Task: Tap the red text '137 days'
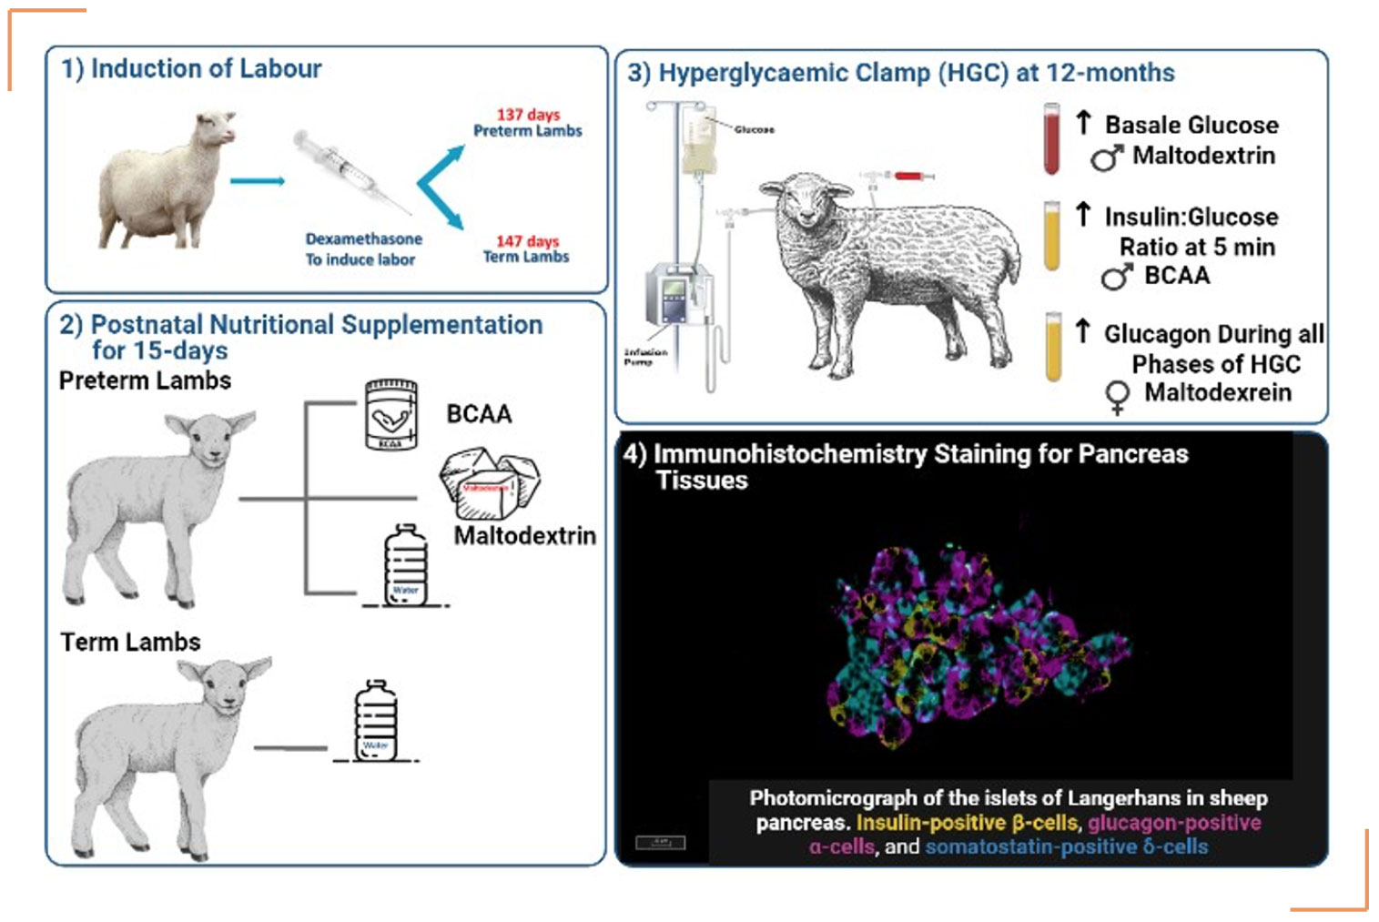528,115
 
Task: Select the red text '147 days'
527,241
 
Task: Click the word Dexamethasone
363,239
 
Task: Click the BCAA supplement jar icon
390,415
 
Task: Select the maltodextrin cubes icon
489,482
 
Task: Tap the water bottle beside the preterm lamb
406,565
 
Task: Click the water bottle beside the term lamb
375,720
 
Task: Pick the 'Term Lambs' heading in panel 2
130,643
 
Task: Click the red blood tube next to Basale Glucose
1051,138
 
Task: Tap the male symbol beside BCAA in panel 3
1117,276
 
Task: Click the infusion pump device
674,296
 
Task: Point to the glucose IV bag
699,146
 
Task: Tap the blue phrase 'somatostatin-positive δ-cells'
1067,847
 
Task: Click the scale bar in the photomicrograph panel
660,843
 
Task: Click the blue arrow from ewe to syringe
257,181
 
